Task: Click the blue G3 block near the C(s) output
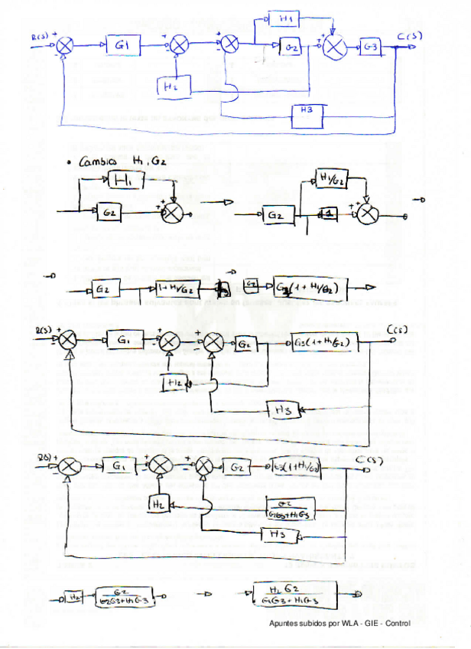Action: (x=371, y=47)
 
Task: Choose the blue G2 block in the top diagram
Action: (x=291, y=47)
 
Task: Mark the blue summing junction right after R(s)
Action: (x=66, y=47)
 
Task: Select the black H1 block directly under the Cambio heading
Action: (x=124, y=180)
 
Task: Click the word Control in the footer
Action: (x=398, y=624)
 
